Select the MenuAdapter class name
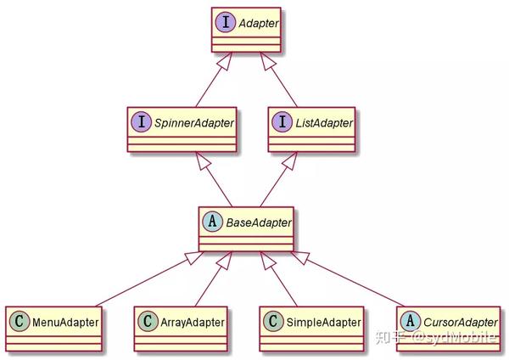[x=65, y=323]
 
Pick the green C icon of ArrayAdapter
[x=148, y=322]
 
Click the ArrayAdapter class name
[x=193, y=323]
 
